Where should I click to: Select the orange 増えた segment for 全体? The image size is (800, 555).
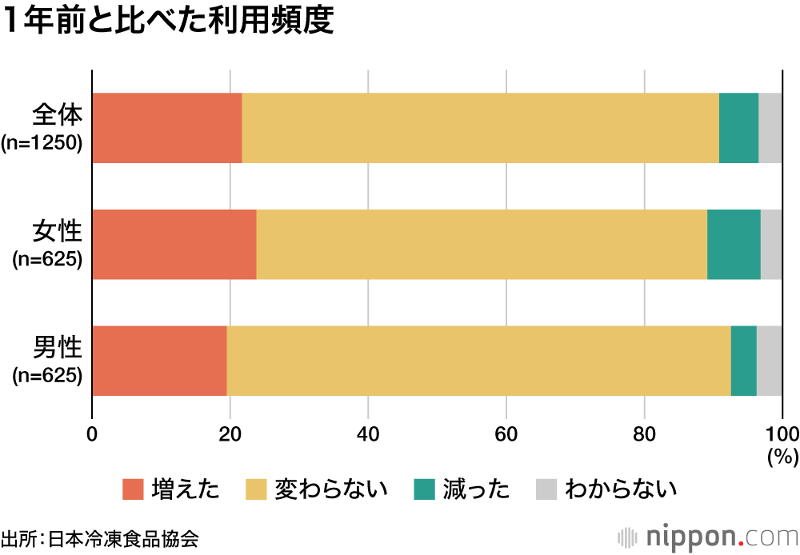coord(167,128)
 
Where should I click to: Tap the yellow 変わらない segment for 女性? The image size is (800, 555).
coord(482,244)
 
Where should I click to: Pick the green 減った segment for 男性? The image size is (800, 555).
coord(743,361)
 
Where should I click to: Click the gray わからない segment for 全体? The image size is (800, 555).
coord(770,128)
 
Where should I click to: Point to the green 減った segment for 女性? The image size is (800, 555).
coord(734,244)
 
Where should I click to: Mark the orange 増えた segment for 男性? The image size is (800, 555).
coord(160,361)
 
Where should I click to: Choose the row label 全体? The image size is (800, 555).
coord(57,116)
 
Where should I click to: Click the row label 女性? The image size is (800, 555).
coord(57,232)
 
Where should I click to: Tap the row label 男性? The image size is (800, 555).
coord(57,349)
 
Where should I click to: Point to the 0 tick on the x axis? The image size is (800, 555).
coord(92,435)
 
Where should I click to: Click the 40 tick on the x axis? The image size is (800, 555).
coord(368,435)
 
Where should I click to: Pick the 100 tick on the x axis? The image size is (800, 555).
coord(782,435)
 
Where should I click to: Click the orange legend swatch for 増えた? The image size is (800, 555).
coord(132,489)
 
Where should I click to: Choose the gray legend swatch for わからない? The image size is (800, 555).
coord(545,489)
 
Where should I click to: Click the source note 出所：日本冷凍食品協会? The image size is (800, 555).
coord(99,538)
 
